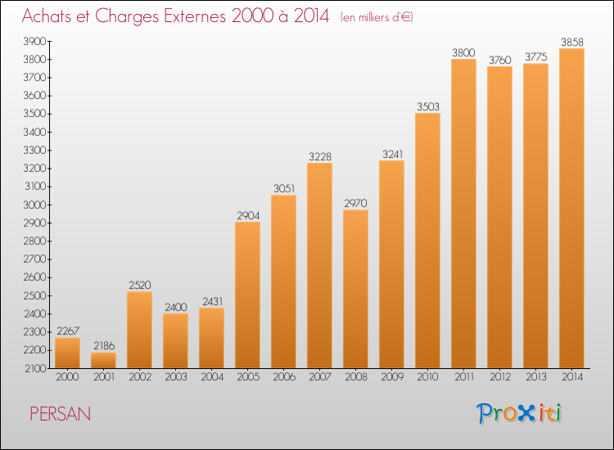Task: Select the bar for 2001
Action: pos(103,360)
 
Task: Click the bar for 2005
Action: pos(247,295)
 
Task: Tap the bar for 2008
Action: pos(355,289)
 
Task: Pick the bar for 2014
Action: pos(571,208)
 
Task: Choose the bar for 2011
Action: pos(463,214)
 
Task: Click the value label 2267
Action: pos(68,331)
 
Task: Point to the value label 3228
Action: pos(320,156)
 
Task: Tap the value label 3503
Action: pos(428,106)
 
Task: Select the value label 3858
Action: pos(572,42)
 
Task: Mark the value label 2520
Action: pos(140,285)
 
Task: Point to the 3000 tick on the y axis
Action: pos(35,205)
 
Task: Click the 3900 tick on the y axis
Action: pos(35,41)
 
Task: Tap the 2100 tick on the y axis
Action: pos(36,368)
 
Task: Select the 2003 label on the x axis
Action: pos(176,377)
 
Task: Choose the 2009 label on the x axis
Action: pos(392,377)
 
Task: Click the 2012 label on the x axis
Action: pos(500,377)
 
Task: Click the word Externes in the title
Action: pos(195,16)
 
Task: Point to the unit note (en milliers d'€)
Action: pos(377,17)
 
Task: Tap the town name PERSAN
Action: pos(61,414)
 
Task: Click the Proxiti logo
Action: pos(519,413)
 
